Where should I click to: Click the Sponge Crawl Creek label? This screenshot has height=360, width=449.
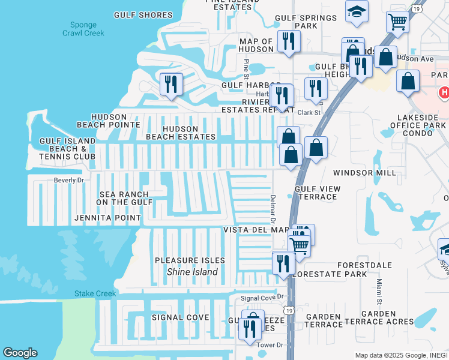pos(83,29)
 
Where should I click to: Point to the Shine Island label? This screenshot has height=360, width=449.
pos(191,272)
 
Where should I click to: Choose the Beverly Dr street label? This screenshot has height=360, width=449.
pos(68,180)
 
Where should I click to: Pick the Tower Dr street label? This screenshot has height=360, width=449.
pos(270,345)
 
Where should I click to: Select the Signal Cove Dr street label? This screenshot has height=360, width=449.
pos(261,298)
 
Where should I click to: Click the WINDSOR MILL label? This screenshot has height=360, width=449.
pos(364,173)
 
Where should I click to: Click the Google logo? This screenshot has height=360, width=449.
pos(20,353)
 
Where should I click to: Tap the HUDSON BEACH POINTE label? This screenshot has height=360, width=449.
pos(108,121)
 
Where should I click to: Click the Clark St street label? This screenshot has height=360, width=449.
pos(310,112)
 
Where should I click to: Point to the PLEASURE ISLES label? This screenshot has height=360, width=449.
pos(190,260)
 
